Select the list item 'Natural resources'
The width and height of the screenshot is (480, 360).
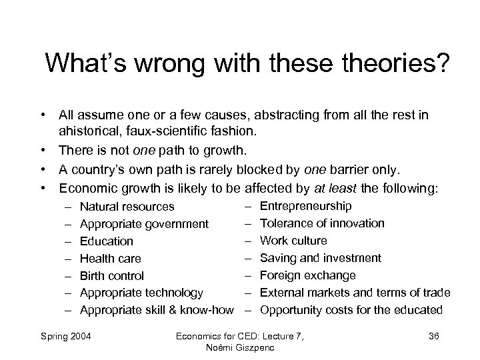tap(127, 207)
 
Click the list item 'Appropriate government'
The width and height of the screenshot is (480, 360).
tap(144, 224)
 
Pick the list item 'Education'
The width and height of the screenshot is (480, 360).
tap(107, 241)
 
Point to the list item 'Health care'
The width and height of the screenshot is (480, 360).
tap(111, 259)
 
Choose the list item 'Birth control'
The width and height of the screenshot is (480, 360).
tap(112, 275)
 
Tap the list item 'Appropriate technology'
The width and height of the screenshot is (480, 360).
tap(141, 292)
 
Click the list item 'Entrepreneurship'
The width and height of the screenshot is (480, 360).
tap(306, 206)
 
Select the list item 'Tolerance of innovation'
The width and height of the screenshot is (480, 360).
tap(322, 223)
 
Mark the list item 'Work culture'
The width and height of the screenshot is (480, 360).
tap(293, 241)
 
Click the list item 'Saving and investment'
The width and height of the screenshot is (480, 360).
tap(321, 258)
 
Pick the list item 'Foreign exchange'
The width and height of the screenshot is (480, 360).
tap(308, 275)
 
